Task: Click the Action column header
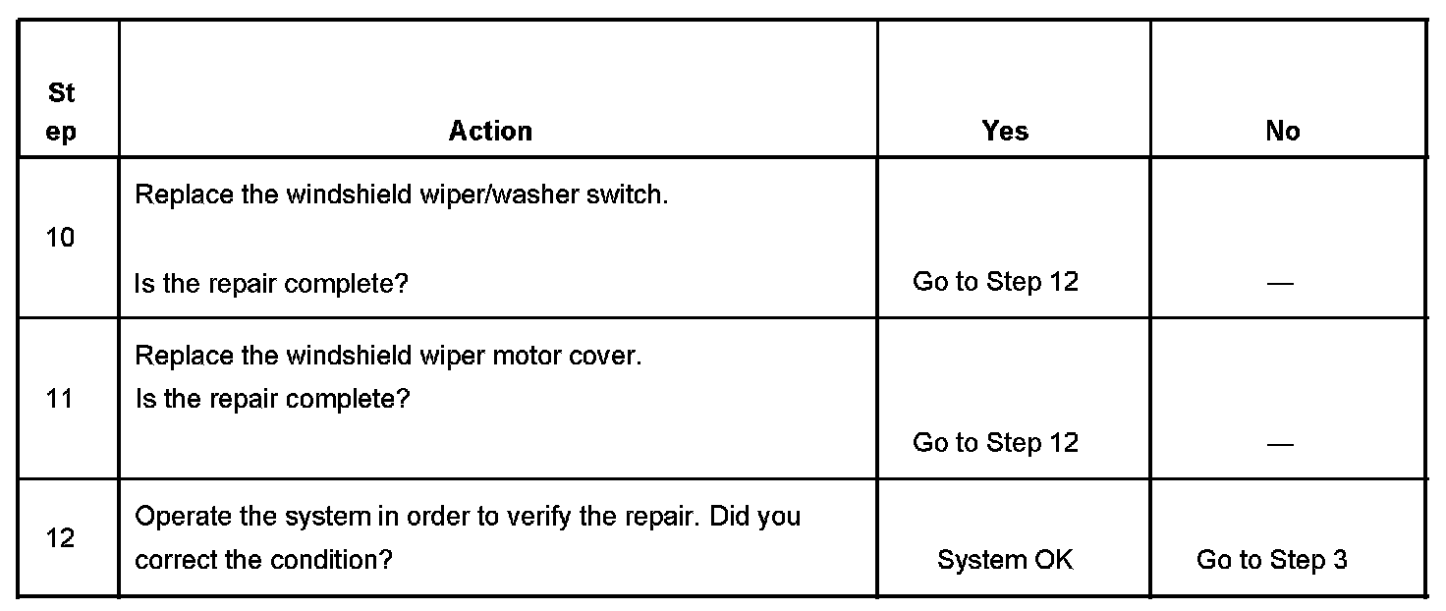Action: point(490,132)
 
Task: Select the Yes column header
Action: point(1005,132)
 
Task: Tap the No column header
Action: point(1283,132)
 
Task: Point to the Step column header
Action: point(61,113)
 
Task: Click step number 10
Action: point(60,238)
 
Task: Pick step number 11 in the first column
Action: point(60,399)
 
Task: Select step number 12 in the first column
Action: point(60,538)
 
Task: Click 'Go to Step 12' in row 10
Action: point(995,282)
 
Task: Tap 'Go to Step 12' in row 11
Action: point(995,443)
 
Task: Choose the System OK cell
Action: point(1005,560)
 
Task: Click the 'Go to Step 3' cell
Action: point(1271,560)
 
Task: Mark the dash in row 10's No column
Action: point(1280,284)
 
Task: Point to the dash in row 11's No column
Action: point(1280,445)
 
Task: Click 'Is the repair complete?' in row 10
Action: point(271,284)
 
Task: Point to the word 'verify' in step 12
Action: point(540,517)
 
